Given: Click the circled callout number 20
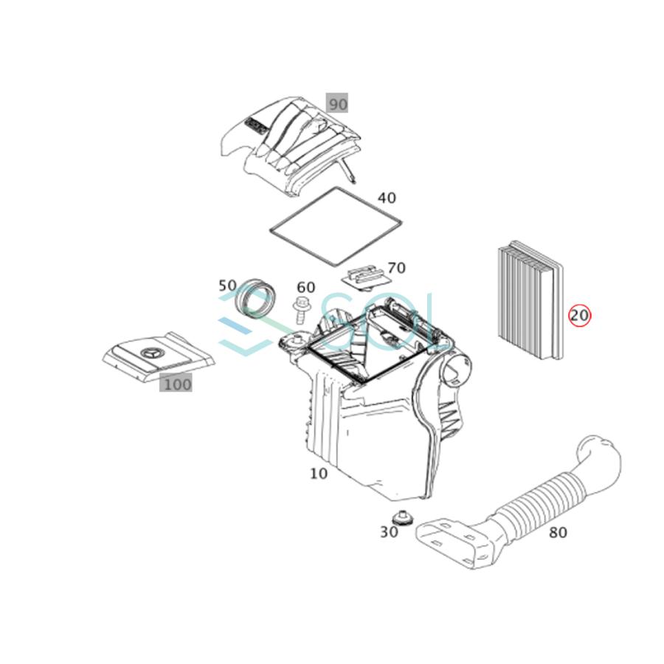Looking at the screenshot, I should point(580,316).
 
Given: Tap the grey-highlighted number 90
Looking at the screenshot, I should point(337,104).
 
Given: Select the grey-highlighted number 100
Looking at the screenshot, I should point(176,384).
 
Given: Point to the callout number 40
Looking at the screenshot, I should point(387,198).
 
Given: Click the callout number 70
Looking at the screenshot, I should point(396,268).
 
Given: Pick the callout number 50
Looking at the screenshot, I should point(227,285).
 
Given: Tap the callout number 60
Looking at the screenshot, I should point(305,287).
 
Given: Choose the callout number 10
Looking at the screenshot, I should point(318,473).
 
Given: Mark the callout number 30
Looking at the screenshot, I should point(389,532).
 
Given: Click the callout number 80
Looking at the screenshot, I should point(558,531).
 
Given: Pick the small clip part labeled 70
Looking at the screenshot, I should point(367,277).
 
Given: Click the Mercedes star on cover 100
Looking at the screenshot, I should point(151,353).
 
